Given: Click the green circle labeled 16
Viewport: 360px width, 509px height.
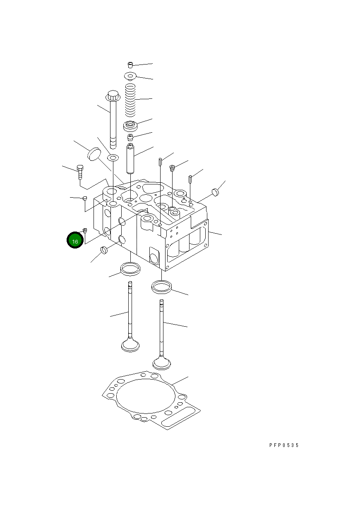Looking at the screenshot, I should tap(75, 241).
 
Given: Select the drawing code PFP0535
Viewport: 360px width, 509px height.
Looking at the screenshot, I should tap(283, 445).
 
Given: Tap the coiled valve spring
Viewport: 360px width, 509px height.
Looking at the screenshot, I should tap(131, 100).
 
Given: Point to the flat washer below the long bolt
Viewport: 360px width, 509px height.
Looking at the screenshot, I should tap(112, 158).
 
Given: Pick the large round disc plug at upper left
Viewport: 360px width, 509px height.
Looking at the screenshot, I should tap(94, 154).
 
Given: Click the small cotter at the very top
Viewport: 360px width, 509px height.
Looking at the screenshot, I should tap(130, 64).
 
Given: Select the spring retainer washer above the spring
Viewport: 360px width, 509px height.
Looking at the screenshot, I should tap(130, 76).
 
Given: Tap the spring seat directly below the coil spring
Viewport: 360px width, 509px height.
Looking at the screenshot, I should tap(130, 125).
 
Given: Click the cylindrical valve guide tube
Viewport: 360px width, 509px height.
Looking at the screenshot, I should tap(130, 159).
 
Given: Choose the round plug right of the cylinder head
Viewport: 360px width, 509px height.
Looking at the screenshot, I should tap(215, 191).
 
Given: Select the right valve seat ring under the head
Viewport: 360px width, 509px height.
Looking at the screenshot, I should tap(161, 286).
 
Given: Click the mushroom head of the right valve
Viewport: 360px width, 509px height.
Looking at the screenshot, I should tap(162, 363).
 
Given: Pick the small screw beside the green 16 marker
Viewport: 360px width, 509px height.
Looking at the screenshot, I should tap(85, 230).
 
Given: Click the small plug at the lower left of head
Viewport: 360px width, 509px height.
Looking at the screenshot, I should tap(104, 250).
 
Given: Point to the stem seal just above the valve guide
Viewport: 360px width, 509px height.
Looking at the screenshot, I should tap(130, 136).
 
